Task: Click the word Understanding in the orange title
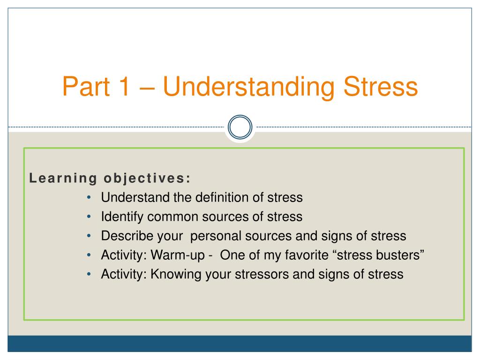pyautogui.click(x=248, y=87)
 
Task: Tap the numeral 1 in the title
pyautogui.click(x=124, y=86)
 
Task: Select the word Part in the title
pyautogui.click(x=86, y=86)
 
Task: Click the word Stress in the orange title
pyautogui.click(x=381, y=86)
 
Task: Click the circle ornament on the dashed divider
pyautogui.click(x=240, y=115)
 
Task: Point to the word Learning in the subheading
pyautogui.click(x=63, y=179)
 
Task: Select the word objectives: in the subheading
pyautogui.click(x=147, y=179)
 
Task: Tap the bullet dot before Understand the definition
pyautogui.click(x=89, y=198)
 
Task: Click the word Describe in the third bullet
pyautogui.click(x=127, y=236)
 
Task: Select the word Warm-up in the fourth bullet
pyautogui.click(x=178, y=255)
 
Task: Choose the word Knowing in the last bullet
pyautogui.click(x=176, y=274)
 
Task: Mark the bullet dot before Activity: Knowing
pyautogui.click(x=89, y=274)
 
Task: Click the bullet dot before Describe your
pyautogui.click(x=89, y=236)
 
